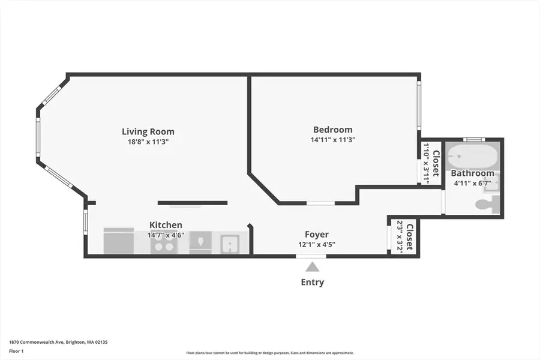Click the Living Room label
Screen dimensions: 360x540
[148, 131]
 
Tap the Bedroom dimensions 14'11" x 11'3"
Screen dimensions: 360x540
[332, 140]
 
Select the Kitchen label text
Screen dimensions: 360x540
[166, 225]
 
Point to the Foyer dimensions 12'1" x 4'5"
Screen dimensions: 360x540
[316, 244]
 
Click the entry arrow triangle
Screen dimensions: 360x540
[312, 267]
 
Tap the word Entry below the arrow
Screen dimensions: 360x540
[312, 282]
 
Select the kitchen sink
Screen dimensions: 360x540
[230, 244]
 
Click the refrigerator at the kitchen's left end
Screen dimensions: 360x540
[119, 241]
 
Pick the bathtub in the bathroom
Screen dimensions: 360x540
[473, 157]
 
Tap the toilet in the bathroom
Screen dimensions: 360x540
[486, 205]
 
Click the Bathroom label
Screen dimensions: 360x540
[473, 173]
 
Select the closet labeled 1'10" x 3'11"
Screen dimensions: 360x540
[431, 163]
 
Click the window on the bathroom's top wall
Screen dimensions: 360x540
[474, 140]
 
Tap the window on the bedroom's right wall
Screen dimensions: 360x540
[419, 105]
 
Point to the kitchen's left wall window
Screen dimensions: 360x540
[86, 222]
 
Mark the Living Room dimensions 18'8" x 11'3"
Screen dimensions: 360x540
[148, 142]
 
